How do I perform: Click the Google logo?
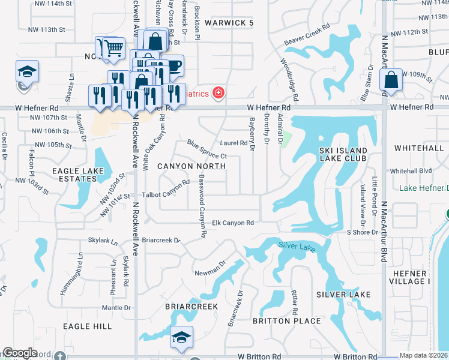(20, 353)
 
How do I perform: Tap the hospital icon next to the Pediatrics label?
(218, 93)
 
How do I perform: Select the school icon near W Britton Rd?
(180, 338)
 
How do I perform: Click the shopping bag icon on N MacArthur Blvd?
(391, 80)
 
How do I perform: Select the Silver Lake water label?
(295, 245)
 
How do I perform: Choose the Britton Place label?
(287, 321)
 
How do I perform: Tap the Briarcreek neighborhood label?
(191, 306)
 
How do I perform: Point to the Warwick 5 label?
(229, 23)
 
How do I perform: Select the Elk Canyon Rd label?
(234, 223)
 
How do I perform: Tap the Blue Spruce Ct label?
(206, 150)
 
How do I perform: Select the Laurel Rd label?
(234, 143)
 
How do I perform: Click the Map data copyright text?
(423, 355)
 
